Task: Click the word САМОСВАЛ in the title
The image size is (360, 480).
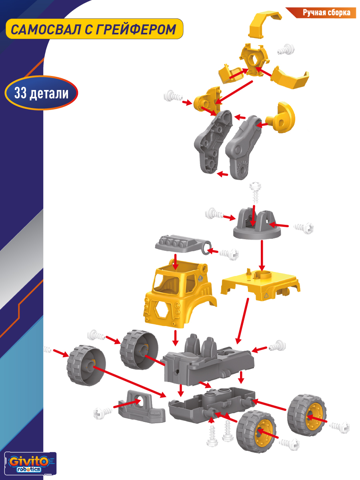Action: click(45, 30)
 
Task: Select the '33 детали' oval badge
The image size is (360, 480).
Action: click(41, 93)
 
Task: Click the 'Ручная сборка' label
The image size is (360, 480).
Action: click(326, 13)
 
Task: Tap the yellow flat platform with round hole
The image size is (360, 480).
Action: click(260, 284)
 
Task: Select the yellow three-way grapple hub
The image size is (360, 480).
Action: click(254, 60)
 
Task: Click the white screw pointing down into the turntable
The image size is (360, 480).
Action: click(256, 192)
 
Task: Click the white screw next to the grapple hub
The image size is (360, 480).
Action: click(286, 50)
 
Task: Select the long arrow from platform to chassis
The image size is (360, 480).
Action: click(242, 321)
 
